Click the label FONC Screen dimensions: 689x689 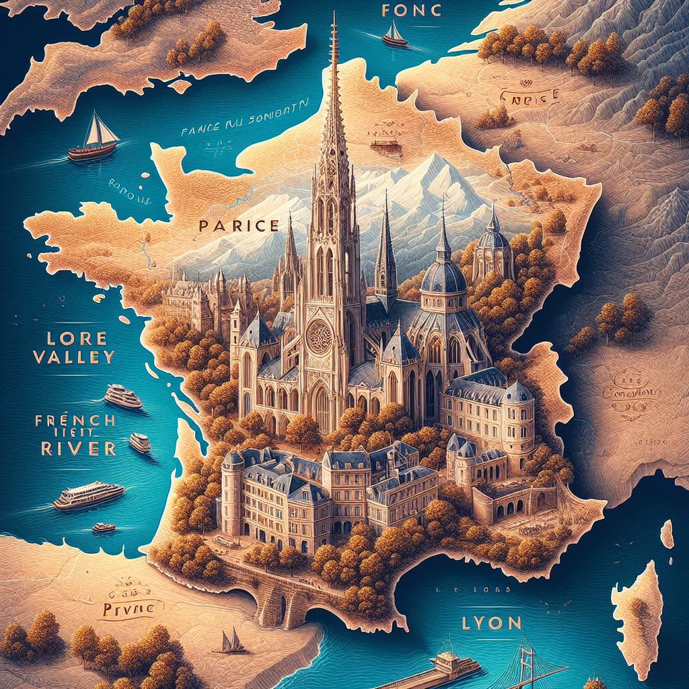coord(402,11)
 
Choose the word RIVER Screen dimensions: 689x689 coord(65,448)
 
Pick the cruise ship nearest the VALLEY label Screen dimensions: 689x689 coord(123,397)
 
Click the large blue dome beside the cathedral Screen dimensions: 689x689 coord(443,276)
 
